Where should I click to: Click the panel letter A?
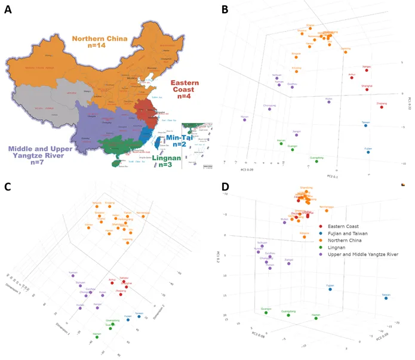[x=8, y=10]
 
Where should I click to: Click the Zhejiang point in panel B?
[x=382, y=107]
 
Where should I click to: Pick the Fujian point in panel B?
[x=368, y=152]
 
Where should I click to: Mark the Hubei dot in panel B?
[x=328, y=102]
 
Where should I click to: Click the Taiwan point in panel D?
[x=386, y=298]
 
